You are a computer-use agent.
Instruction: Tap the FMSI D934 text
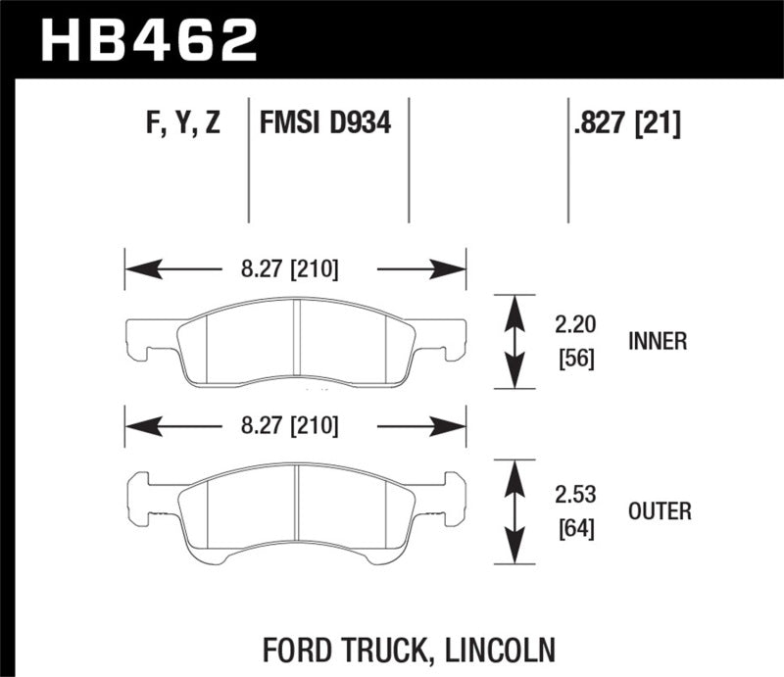pos(325,124)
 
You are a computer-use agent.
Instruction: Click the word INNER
pos(660,341)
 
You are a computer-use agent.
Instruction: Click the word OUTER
pos(661,510)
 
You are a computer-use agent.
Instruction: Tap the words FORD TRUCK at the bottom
pos(346,649)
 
